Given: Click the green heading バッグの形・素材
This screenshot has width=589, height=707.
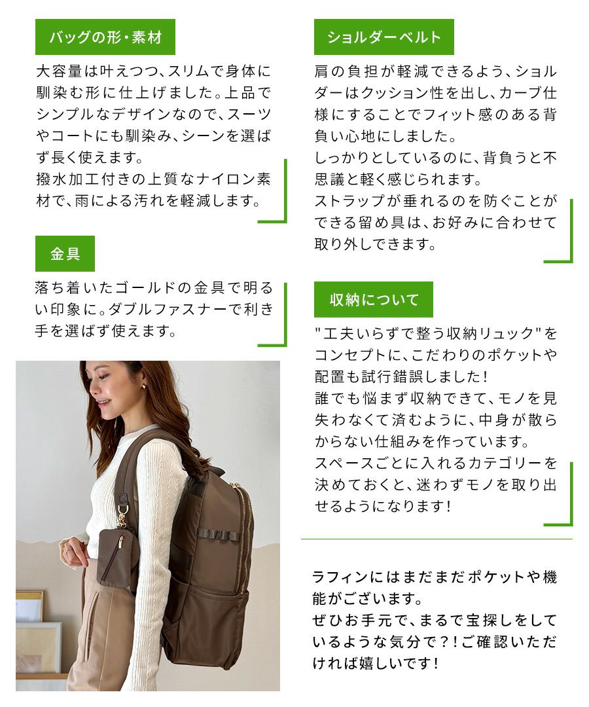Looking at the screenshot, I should (105, 37).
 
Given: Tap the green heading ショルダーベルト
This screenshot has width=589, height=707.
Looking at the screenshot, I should (384, 37).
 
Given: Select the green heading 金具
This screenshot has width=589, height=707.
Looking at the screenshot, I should (65, 254).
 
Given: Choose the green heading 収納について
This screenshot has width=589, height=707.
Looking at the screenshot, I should (374, 300).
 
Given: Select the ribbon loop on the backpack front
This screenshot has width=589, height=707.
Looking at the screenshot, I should (218, 534).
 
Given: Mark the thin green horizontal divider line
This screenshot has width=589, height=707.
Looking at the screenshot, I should (437, 539).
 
